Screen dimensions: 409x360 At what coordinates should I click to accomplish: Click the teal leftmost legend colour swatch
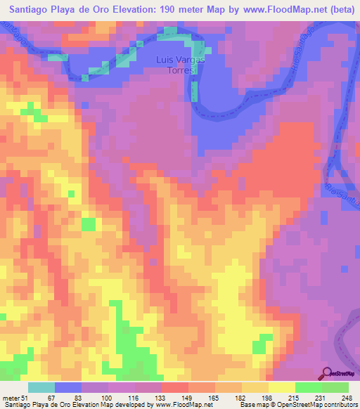(x=41, y=387)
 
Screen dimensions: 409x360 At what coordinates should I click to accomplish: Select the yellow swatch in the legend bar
(x=282, y=387)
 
